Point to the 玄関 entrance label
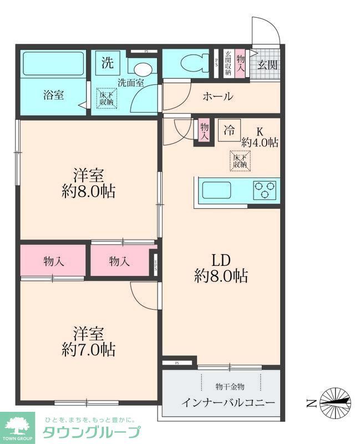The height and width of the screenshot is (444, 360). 266,65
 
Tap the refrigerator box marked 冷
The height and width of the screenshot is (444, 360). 229,130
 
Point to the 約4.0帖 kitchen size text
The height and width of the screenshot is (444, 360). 259,143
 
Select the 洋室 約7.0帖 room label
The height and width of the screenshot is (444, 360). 89,341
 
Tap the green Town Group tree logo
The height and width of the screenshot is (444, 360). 18,426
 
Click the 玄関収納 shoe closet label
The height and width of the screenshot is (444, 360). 227,64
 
